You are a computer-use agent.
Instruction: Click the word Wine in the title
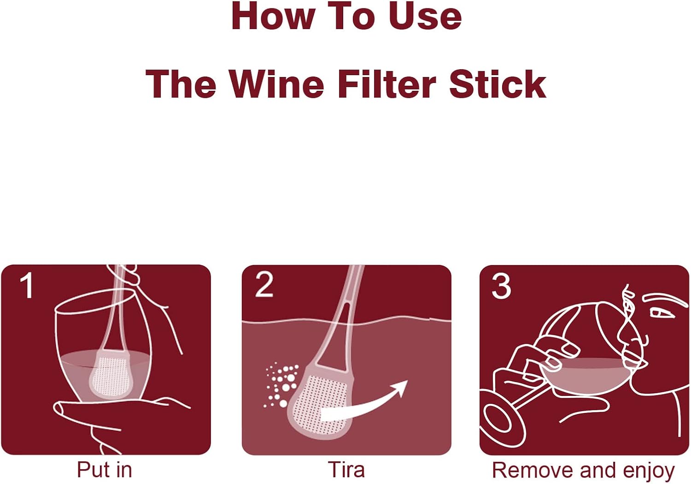pos(276,84)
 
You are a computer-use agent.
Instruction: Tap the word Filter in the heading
pos(387,84)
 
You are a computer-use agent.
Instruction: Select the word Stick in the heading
pos(498,84)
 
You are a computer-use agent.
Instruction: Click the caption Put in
pos(105,470)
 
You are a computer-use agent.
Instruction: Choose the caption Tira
pos(346,470)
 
